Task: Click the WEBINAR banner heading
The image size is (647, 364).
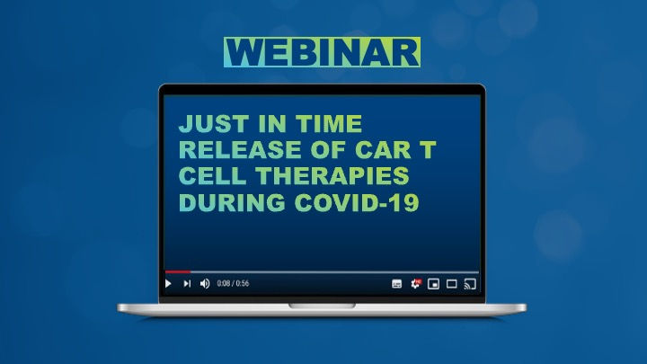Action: point(322,52)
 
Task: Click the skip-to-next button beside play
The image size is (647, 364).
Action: point(187,284)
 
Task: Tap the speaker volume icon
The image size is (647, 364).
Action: point(204,284)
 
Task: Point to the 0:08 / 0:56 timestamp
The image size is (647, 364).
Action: point(233,284)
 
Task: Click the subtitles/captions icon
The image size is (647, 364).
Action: point(397,284)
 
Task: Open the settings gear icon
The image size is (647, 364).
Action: point(415,284)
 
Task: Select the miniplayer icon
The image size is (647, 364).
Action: point(433,284)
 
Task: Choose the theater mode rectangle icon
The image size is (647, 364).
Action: point(451,284)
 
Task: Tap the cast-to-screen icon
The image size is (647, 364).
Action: point(469,284)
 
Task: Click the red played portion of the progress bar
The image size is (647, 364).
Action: point(177,271)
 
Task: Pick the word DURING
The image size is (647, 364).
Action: point(226,202)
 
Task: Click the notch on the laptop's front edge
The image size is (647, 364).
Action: point(322,306)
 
